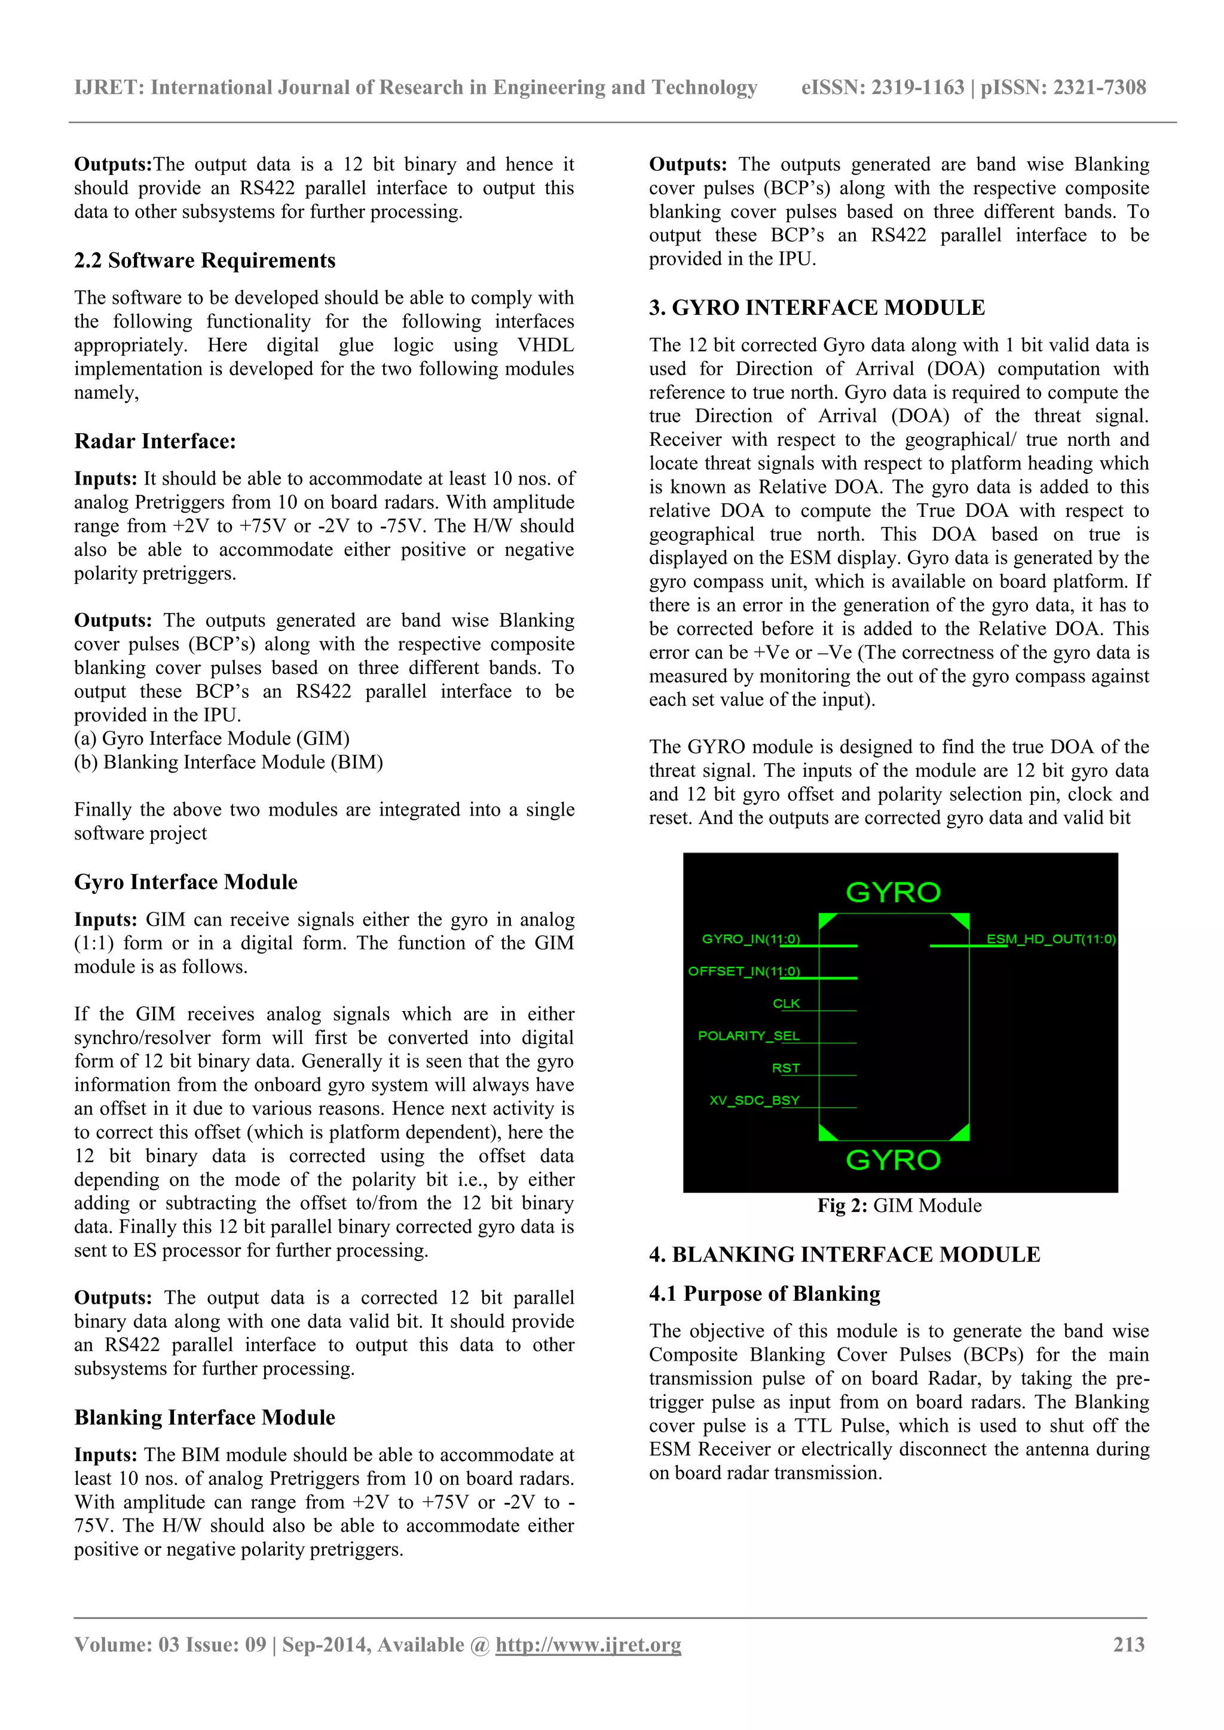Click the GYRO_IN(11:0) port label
pos(751,938)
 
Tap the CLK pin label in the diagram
pos(785,1003)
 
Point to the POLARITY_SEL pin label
pos(748,1035)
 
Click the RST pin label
pos(785,1068)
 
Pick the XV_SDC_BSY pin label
pos(754,1100)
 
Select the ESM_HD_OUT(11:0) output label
pos(1051,938)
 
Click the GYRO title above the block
pos(893,892)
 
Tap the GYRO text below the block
pos(893,1160)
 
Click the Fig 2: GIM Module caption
pos(899,1205)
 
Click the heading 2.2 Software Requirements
pos(204,260)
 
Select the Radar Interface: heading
pos(155,441)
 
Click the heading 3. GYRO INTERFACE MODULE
pos(816,307)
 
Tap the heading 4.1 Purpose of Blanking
pos(764,1293)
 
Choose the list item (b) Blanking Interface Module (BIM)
pos(228,762)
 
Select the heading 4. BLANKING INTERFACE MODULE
pos(844,1254)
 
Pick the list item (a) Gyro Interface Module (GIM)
pos(212,739)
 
